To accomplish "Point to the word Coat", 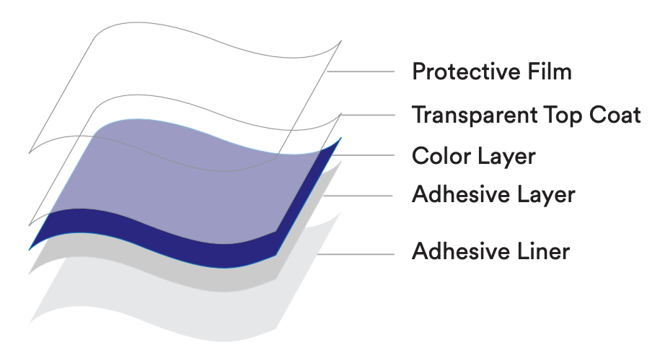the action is [615, 115].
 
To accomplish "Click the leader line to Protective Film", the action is [361, 71].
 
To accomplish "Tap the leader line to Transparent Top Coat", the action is [367, 115].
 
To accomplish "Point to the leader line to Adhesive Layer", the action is [358, 196].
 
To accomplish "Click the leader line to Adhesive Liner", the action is [356, 254].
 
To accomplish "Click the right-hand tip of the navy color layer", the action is [341, 138].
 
